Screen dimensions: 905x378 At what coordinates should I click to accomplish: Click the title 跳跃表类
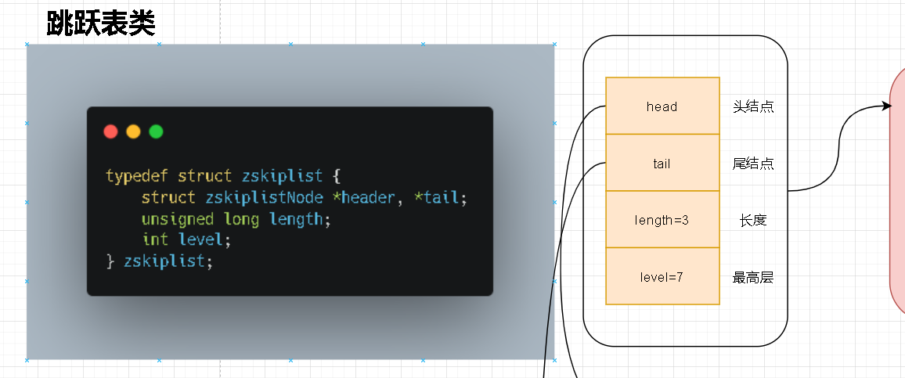coord(101,23)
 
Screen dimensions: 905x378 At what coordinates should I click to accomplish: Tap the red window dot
coord(110,131)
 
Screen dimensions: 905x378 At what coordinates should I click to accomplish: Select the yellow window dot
coord(133,131)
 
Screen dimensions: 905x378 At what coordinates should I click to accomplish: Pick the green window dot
coord(156,131)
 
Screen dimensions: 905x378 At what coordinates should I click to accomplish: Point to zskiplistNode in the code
coord(264,197)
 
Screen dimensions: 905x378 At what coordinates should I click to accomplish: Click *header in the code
coord(363,197)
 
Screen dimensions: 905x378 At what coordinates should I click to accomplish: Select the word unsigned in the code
coord(178,218)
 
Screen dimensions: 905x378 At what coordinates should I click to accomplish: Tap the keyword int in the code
coord(155,239)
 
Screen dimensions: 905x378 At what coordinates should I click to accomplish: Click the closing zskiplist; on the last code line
coord(168,261)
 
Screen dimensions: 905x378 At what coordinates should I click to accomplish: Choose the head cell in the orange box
coord(662,106)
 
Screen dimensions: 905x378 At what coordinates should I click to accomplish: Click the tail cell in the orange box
coord(662,163)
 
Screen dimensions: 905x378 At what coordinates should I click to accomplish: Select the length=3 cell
coord(662,219)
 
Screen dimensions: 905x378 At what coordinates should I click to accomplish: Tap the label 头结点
coord(753,106)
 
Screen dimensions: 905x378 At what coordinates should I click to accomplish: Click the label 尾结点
coord(753,164)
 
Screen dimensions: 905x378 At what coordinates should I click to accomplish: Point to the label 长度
coord(753,220)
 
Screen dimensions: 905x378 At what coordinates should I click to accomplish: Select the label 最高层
coord(753,278)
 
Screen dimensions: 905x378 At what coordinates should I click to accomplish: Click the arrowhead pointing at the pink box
coord(888,106)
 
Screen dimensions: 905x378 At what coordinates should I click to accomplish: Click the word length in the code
coord(295,218)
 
